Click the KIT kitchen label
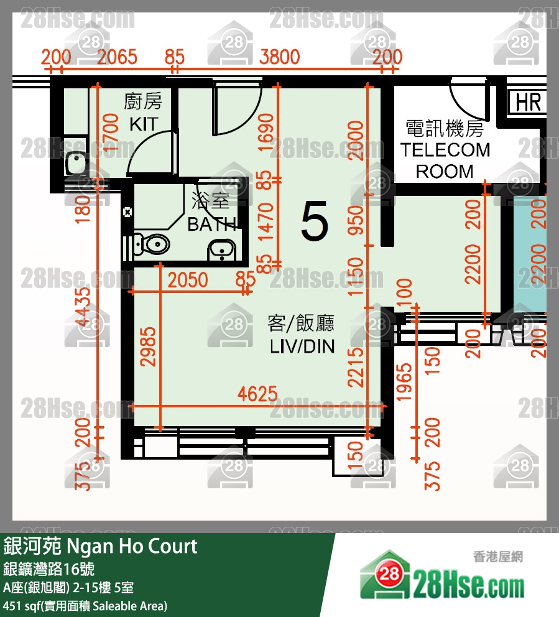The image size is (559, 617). click(144, 123)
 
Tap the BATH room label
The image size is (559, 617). click(211, 223)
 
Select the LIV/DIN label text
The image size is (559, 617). click(302, 346)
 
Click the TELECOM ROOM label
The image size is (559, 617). click(445, 160)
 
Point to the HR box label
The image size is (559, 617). click(528, 103)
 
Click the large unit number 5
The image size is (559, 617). click(314, 223)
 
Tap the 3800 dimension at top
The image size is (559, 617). click(279, 57)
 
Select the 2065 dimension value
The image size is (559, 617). click(118, 57)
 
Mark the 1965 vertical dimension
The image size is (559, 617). click(404, 384)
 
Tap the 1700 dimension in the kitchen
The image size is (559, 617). click(111, 132)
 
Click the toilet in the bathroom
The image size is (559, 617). click(151, 244)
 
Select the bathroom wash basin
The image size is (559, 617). click(221, 249)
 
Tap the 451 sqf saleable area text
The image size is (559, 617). click(85, 605)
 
